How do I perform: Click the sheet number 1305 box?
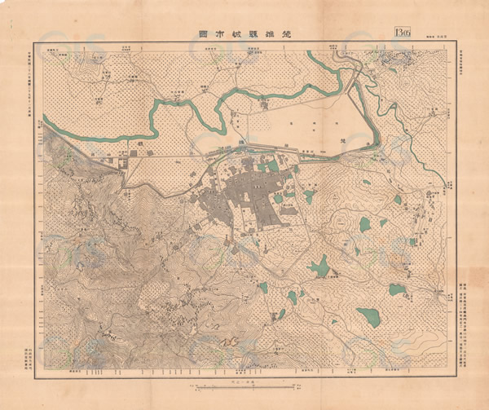point(403,34)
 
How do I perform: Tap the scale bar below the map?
point(233,382)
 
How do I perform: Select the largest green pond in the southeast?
point(368,317)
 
